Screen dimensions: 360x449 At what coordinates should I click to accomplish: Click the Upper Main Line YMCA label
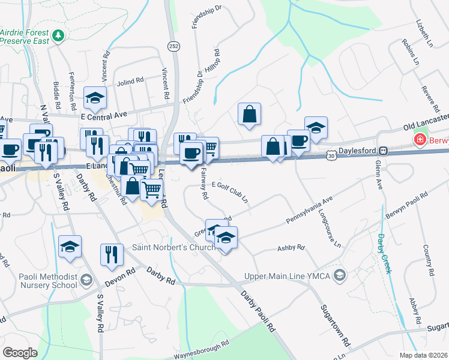point(288,277)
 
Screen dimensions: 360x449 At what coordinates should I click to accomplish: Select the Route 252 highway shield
point(173,46)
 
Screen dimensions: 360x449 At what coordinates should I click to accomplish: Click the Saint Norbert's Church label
point(173,248)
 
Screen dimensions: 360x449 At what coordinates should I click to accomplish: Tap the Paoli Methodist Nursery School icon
point(86,280)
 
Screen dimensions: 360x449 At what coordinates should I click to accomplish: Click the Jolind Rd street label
point(131,80)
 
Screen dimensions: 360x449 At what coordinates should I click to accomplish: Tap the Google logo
point(20,352)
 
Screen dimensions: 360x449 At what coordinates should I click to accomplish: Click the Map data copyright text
point(424,355)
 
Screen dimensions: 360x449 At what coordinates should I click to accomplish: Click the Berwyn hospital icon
point(420,140)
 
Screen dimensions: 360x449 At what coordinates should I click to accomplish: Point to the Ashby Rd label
point(291,247)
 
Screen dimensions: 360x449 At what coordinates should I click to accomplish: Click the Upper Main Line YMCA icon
point(340,275)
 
